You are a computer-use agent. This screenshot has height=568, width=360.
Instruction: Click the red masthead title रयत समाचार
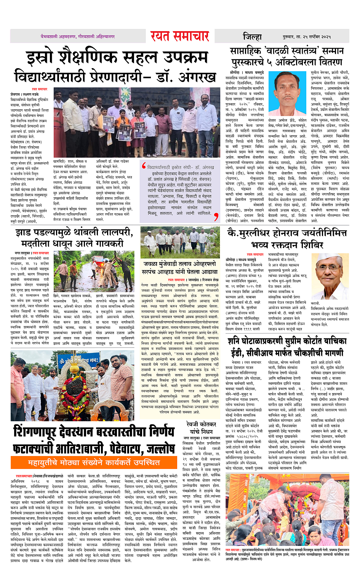click(179, 36)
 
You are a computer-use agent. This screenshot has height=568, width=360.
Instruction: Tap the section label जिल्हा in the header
click(252, 37)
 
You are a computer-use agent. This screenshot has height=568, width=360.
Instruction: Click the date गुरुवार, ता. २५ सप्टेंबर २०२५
click(307, 37)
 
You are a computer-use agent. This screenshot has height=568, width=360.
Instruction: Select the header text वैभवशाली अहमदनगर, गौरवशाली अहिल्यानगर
click(78, 37)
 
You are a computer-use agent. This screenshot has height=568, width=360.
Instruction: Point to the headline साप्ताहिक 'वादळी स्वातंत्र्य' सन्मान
click(286, 51)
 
